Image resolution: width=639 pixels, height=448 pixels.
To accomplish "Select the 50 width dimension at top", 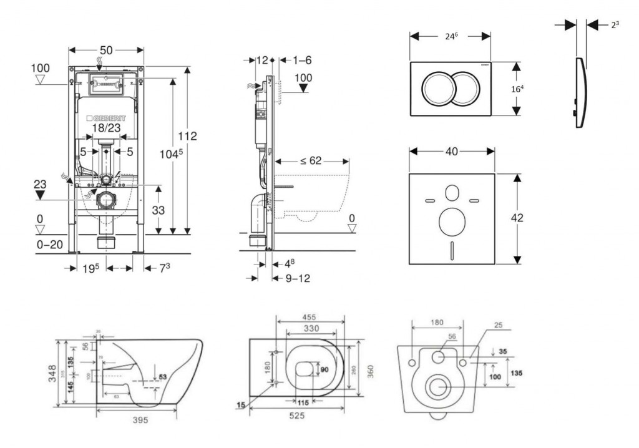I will (106, 49).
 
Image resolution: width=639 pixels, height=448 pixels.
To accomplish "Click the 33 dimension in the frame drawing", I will (159, 211).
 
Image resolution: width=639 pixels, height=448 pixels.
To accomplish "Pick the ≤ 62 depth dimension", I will (310, 161).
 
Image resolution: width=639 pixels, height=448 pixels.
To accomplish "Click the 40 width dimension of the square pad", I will (452, 150).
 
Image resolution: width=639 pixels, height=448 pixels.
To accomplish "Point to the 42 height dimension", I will (517, 218).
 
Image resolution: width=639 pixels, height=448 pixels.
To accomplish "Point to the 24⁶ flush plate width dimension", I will (451, 36).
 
